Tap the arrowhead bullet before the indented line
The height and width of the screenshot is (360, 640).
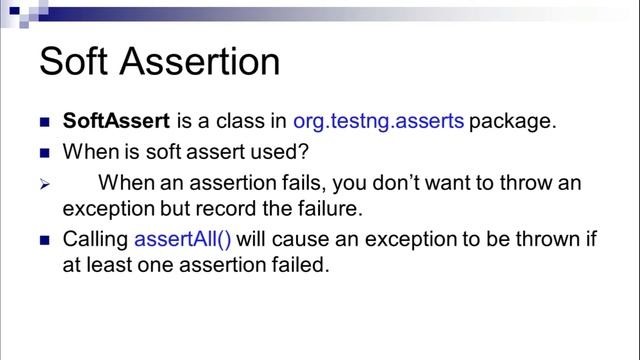(x=44, y=186)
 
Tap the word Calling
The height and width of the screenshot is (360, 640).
(x=95, y=241)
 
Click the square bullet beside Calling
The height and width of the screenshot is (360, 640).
(x=44, y=242)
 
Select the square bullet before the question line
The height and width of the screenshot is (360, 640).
(x=44, y=155)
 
